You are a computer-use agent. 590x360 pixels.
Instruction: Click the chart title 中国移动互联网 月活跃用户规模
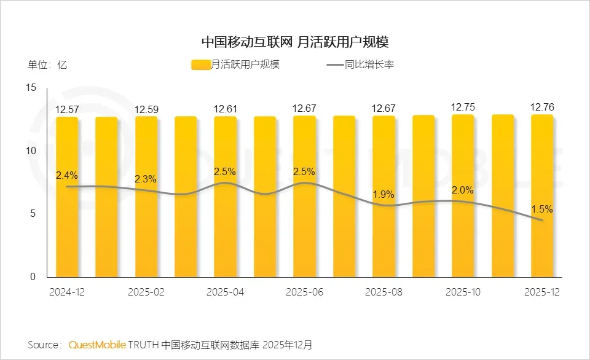click(x=295, y=42)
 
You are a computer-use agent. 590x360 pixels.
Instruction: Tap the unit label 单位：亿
click(x=47, y=65)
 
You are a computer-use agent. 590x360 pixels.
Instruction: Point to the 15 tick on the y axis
click(x=32, y=88)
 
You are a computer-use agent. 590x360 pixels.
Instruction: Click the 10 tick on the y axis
click(x=32, y=151)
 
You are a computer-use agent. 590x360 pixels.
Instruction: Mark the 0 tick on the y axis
click(x=34, y=277)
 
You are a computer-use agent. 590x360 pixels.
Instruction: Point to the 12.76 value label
click(x=542, y=108)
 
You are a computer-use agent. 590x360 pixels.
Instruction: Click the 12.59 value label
click(x=146, y=110)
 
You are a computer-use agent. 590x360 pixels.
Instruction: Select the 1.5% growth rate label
click(x=542, y=209)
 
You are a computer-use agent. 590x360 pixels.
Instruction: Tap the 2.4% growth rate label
click(x=67, y=175)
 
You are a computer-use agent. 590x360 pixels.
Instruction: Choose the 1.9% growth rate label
click(x=383, y=194)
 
